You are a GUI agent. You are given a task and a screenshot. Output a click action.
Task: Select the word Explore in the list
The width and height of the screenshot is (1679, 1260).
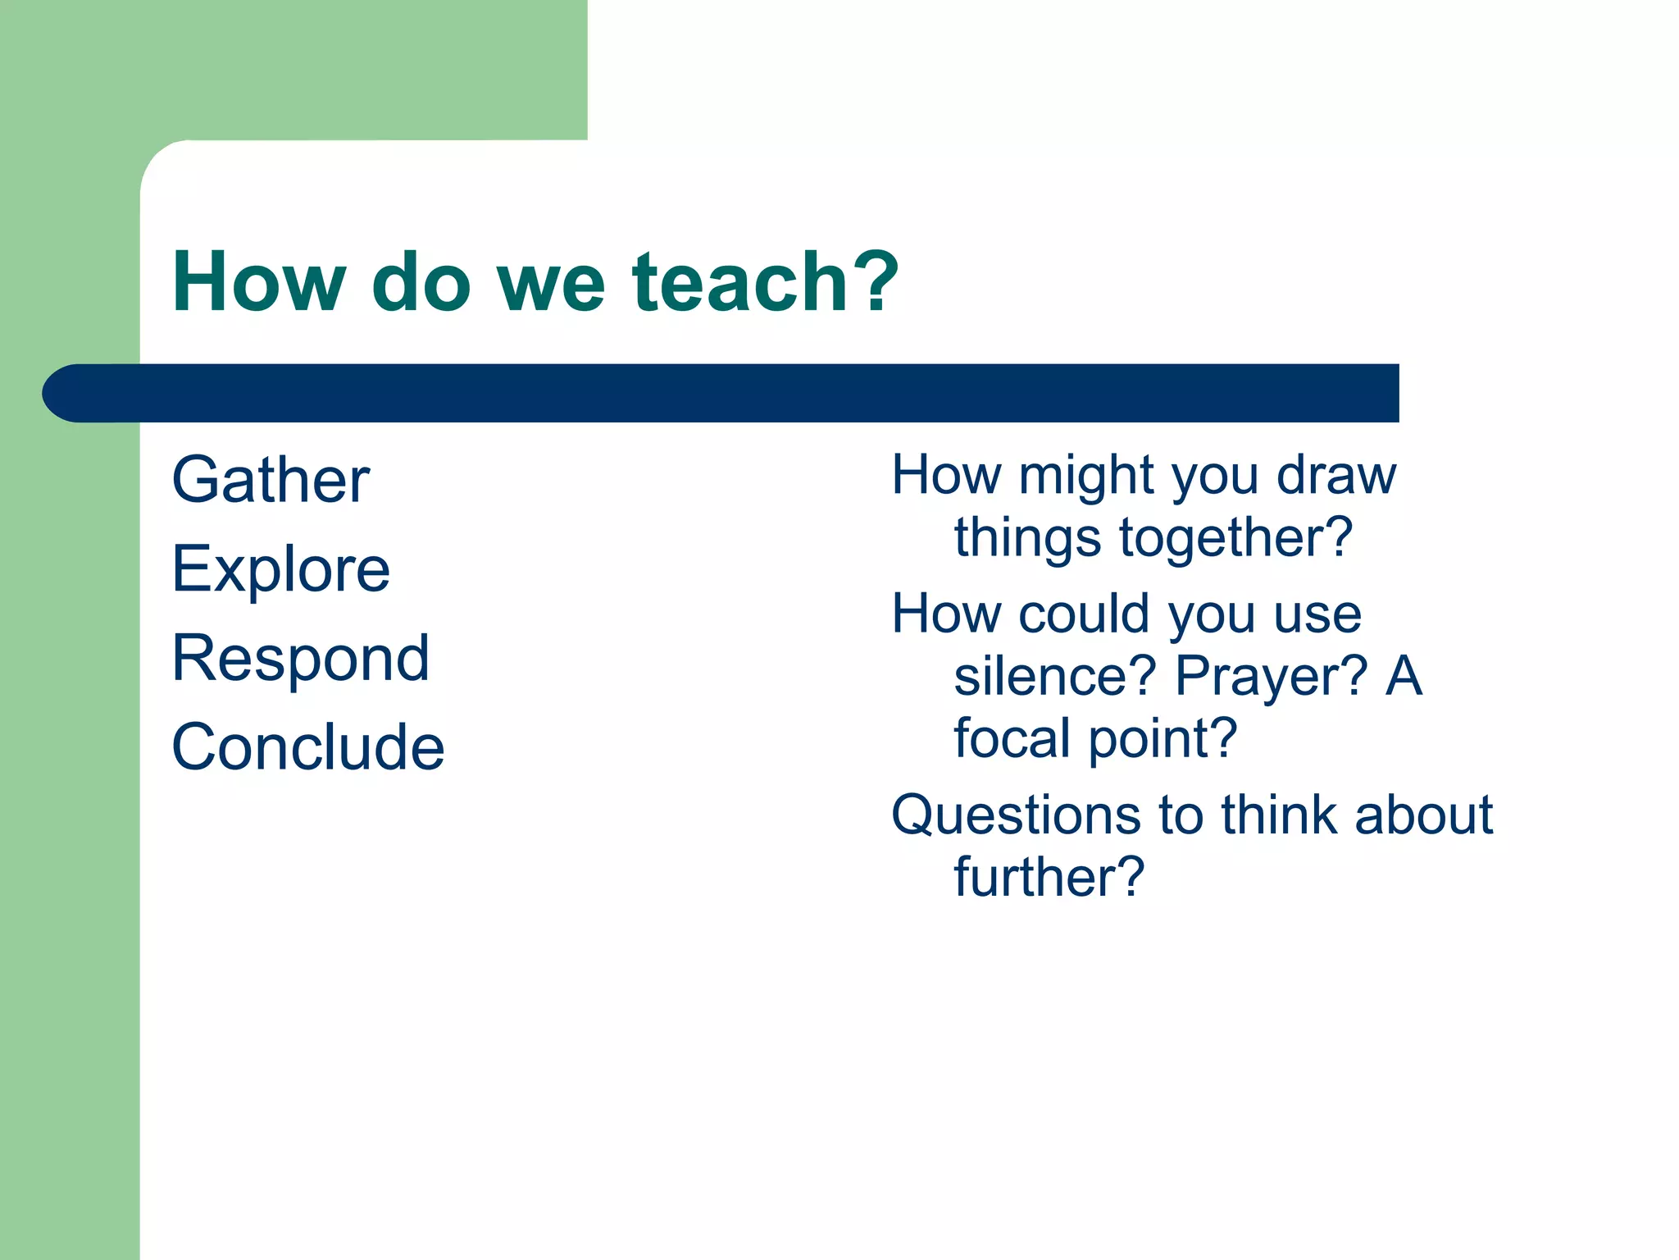(x=280, y=570)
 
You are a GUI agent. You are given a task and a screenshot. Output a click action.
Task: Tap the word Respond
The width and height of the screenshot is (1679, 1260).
(x=300, y=659)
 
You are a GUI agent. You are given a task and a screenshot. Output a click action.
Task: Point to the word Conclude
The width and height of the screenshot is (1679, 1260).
(x=307, y=747)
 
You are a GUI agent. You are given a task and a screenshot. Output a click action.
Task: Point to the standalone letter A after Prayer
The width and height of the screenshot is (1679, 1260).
(x=1404, y=676)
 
